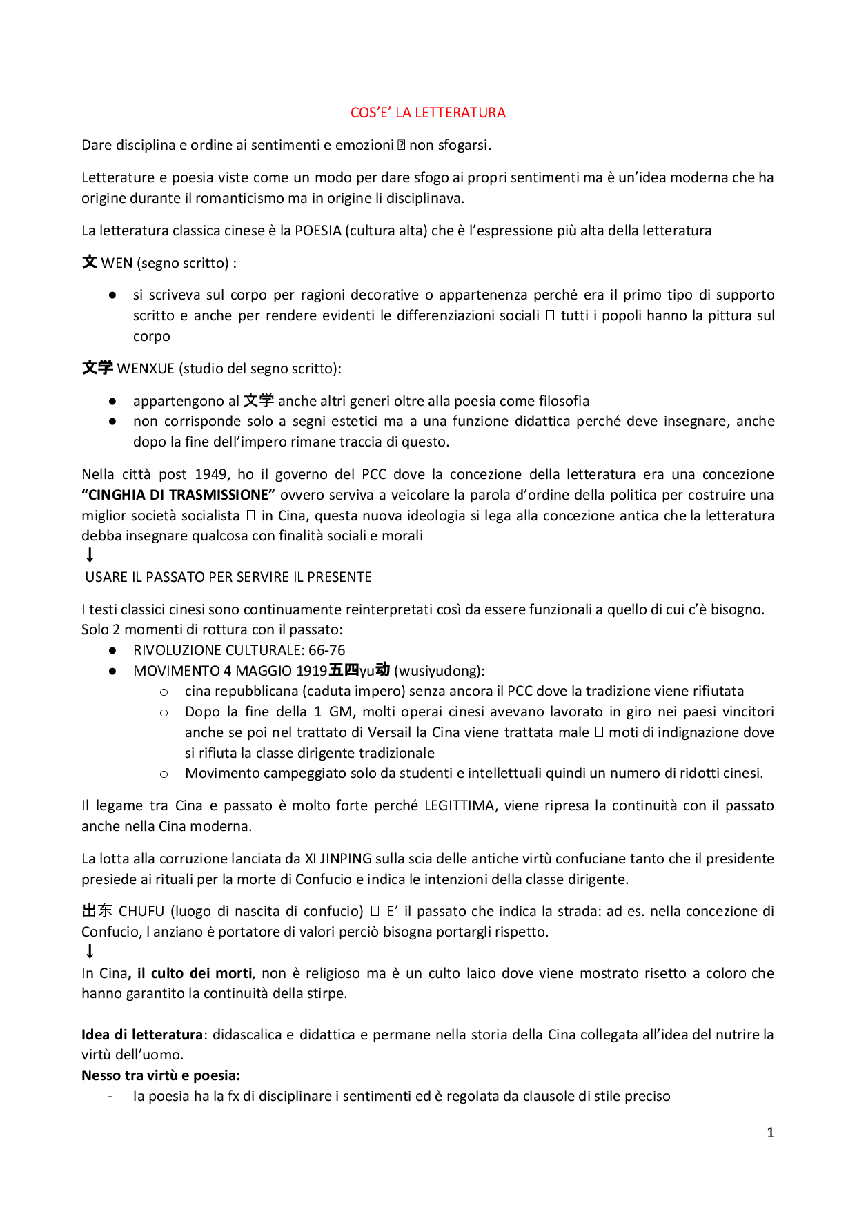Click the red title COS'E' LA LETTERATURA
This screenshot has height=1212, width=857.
click(428, 113)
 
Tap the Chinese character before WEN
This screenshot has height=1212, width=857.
click(90, 262)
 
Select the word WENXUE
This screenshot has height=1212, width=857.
click(146, 369)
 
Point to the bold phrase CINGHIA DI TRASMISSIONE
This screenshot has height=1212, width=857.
click(179, 495)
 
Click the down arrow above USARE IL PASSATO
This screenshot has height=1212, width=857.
click(90, 555)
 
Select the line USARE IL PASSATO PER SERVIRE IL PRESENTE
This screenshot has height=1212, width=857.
click(228, 577)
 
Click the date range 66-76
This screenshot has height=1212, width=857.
click(327, 650)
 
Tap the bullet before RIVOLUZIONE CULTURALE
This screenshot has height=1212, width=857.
click(112, 650)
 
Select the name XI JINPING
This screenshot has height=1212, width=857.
click(338, 859)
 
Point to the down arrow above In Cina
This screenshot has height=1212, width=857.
click(90, 952)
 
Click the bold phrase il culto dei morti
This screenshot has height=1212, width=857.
click(195, 973)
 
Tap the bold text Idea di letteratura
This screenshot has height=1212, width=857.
click(142, 1035)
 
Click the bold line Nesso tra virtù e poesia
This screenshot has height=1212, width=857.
click(161, 1075)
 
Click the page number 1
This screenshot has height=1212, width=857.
click(771, 1133)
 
